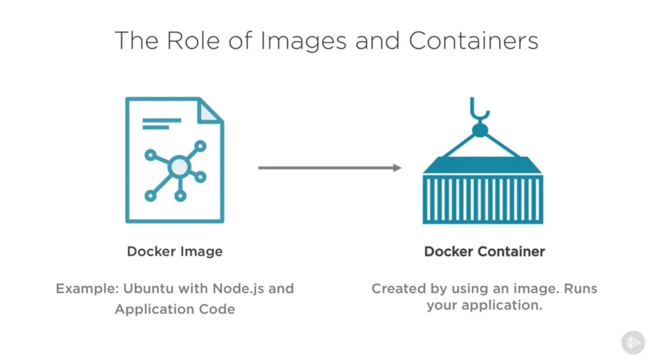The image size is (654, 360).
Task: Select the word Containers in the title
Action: point(474,40)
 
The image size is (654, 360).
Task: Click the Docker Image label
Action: point(175,251)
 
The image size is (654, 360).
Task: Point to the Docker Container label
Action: point(485,251)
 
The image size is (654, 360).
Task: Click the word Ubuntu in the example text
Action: point(143,289)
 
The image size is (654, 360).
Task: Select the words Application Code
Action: point(175,310)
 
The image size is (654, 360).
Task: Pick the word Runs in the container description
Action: point(581,289)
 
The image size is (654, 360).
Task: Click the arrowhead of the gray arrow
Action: point(397,168)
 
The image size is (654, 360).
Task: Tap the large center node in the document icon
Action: point(179,168)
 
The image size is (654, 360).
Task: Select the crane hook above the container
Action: point(479,110)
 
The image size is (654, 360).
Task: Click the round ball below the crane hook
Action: point(480,130)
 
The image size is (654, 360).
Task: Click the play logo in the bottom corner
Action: point(633,343)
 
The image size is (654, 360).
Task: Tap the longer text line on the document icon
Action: point(163,118)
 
